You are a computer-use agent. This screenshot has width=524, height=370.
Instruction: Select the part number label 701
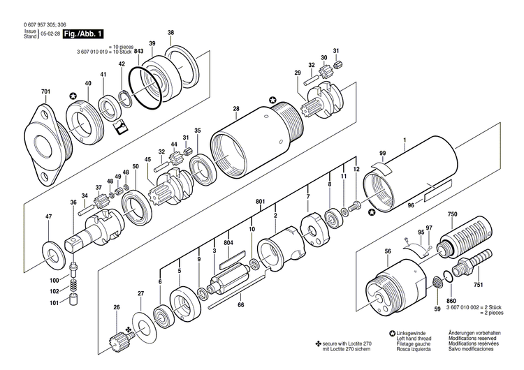coord(46,92)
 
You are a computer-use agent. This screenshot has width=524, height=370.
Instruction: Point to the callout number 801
coord(260,202)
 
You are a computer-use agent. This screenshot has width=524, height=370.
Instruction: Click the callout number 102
coord(54,291)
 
